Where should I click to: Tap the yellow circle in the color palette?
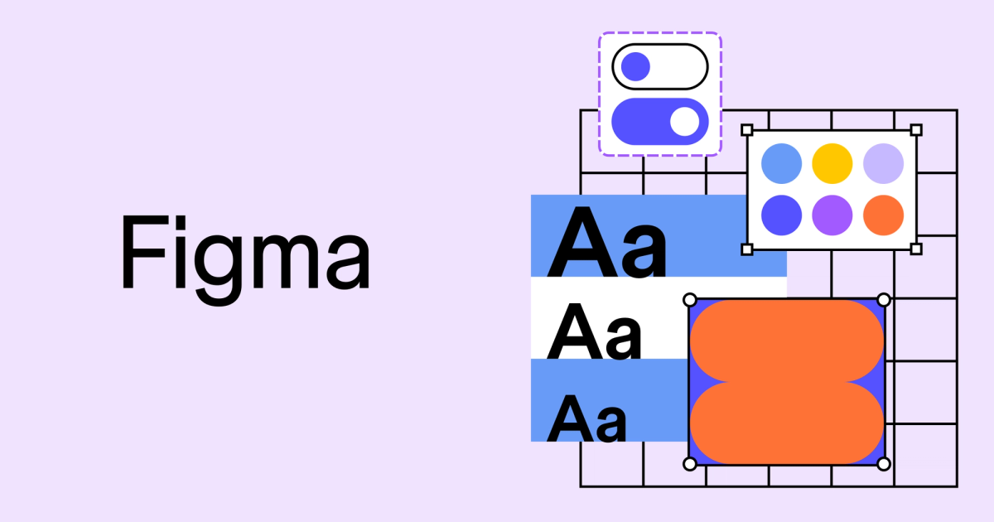[832, 163]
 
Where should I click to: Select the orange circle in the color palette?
[884, 215]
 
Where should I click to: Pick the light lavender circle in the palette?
[884, 163]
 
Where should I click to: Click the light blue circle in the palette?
[781, 163]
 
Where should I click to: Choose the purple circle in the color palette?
[832, 215]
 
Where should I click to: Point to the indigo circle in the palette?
[781, 215]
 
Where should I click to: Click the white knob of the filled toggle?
[684, 121]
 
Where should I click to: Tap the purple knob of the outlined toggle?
[635, 66]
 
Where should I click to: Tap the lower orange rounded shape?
[787, 423]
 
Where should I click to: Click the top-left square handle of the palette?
[746, 130]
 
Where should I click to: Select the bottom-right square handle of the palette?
[916, 249]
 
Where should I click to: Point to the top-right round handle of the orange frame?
[884, 299]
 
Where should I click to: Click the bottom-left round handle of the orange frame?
[690, 464]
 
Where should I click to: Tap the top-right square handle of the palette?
[916, 130]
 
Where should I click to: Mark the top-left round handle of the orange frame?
[690, 299]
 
